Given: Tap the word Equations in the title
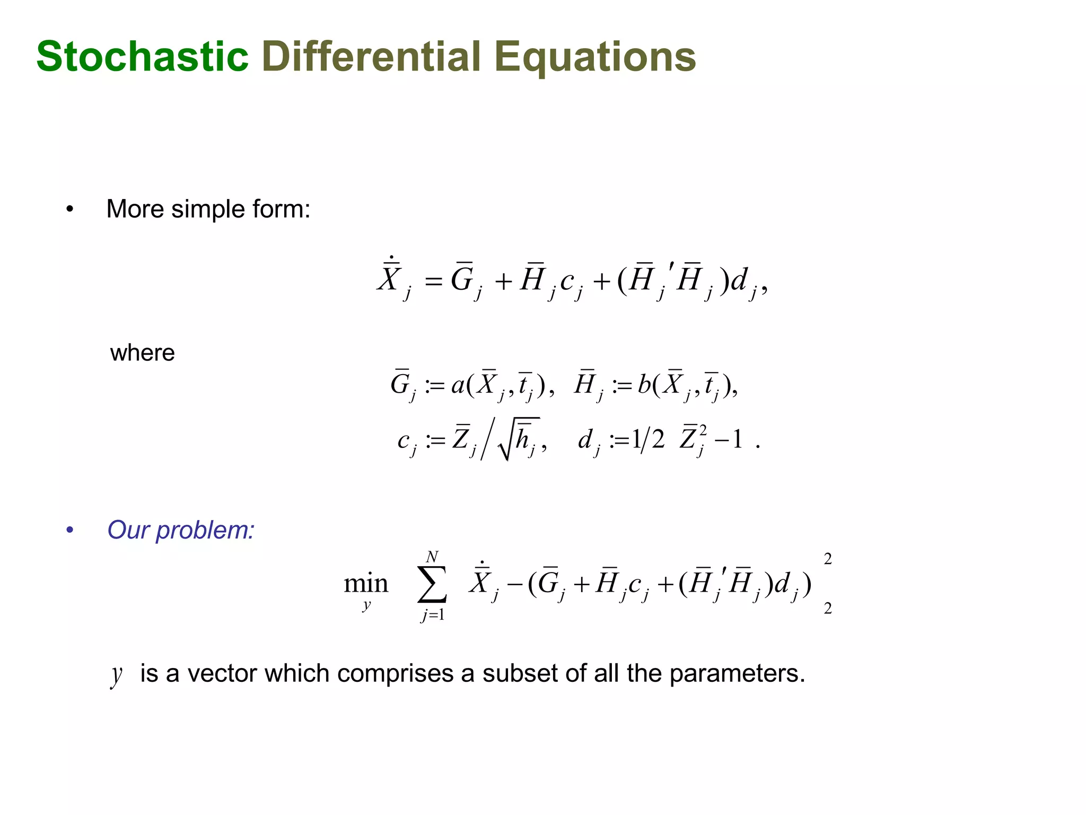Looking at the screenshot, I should click(x=594, y=57).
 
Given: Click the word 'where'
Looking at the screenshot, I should click(x=142, y=353).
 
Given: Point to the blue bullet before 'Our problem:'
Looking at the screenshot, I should click(x=70, y=530).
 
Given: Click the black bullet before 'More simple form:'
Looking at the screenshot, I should click(x=70, y=210).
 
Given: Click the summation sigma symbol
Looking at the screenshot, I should click(x=432, y=584).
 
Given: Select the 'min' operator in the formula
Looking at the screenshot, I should click(x=366, y=584).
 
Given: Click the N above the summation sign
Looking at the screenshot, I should click(x=432, y=557).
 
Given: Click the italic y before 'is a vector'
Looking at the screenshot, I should click(x=116, y=675).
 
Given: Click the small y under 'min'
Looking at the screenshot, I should click(x=366, y=605).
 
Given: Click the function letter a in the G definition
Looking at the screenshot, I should click(x=458, y=385).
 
